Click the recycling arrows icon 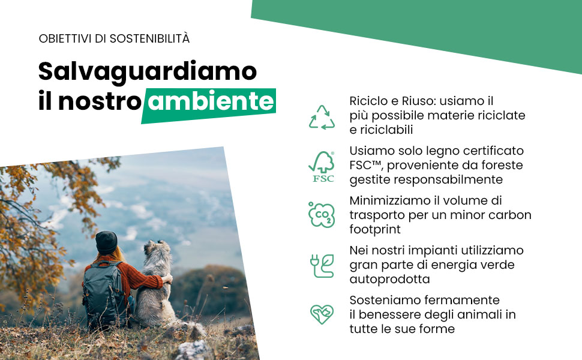(322, 118)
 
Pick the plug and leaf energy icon (322, 265)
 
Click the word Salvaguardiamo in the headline (148, 71)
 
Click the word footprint (376, 230)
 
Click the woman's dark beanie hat (107, 241)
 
